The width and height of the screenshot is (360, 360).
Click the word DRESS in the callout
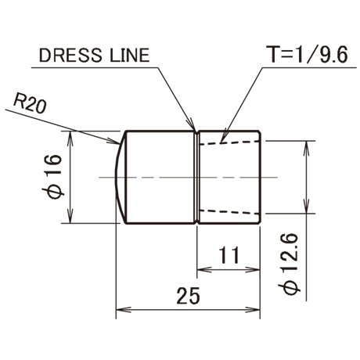(70, 56)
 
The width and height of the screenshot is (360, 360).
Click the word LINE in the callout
(130, 56)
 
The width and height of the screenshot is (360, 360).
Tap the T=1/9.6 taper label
(308, 55)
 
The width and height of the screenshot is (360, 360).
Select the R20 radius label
(30, 103)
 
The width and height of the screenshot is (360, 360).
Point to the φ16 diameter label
(52, 177)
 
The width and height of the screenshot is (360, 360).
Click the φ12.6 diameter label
(290, 264)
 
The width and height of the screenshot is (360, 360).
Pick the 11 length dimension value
(229, 255)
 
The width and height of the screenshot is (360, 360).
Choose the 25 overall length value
(188, 296)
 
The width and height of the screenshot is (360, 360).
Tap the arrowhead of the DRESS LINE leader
(193, 124)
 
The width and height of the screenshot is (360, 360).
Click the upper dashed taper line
(229, 142)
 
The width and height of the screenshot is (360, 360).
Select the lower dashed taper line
(229, 212)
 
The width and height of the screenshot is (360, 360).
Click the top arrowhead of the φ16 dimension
(70, 138)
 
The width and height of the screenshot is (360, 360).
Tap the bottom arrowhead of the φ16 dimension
(70, 217)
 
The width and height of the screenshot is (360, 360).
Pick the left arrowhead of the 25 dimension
(123, 310)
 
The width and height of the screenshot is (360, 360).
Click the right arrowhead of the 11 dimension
(253, 269)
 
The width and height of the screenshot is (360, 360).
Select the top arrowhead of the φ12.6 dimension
(307, 148)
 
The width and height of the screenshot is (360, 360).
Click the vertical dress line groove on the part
(197, 178)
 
